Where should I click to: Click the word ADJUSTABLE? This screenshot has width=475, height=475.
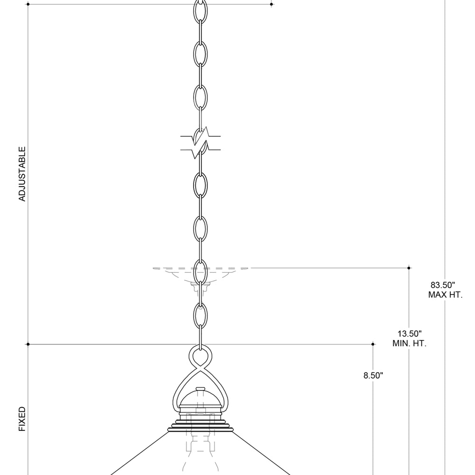[x=22, y=174]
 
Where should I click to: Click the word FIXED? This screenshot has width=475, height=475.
[x=22, y=419]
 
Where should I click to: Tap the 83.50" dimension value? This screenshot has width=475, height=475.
[x=443, y=285]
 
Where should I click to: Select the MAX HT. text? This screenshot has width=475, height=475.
[x=446, y=295]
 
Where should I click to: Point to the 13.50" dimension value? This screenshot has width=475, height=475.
[x=409, y=334]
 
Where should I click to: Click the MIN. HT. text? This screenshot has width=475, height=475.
[x=409, y=343]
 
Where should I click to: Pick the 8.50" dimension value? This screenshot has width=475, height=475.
[x=373, y=376]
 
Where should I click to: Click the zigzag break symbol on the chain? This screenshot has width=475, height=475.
[x=200, y=143]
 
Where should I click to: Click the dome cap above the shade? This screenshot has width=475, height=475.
[x=200, y=399]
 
